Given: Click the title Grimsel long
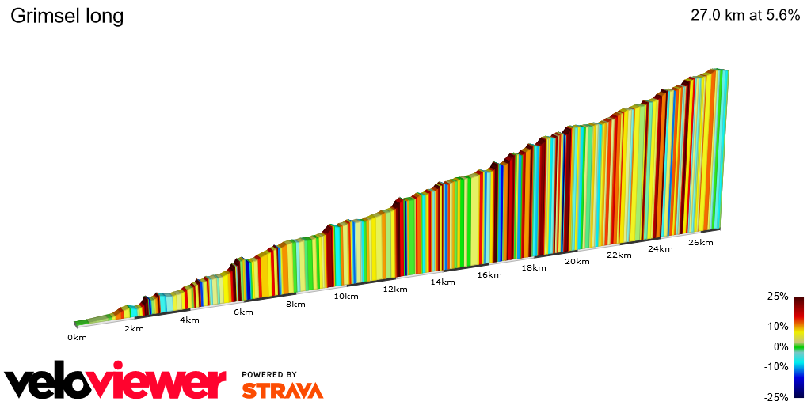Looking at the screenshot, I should tap(67, 16).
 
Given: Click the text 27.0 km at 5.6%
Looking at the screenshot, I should tap(745, 16).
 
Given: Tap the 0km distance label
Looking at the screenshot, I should tap(76, 337).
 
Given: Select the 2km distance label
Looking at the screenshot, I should tap(134, 328).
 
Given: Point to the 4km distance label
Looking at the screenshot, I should tap(189, 320).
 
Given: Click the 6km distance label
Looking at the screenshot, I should tap(243, 312).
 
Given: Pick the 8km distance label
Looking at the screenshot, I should tap(295, 304).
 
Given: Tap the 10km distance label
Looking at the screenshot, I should tap(346, 297).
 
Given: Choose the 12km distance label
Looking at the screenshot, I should tap(394, 289).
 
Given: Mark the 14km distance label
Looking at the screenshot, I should tap(443, 282).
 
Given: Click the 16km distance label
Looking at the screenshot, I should tap(489, 274).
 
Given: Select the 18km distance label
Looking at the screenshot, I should tap(534, 267).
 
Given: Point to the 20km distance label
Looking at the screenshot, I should tap(577, 261).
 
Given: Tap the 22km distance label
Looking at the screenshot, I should tap(619, 255).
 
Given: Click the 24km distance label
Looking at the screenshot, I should tap(661, 248).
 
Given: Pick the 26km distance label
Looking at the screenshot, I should tap(701, 242).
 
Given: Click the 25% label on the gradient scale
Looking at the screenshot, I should tap(778, 297).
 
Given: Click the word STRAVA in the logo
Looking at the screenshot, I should tap(282, 390).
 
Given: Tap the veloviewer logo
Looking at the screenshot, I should tap(115, 384).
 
